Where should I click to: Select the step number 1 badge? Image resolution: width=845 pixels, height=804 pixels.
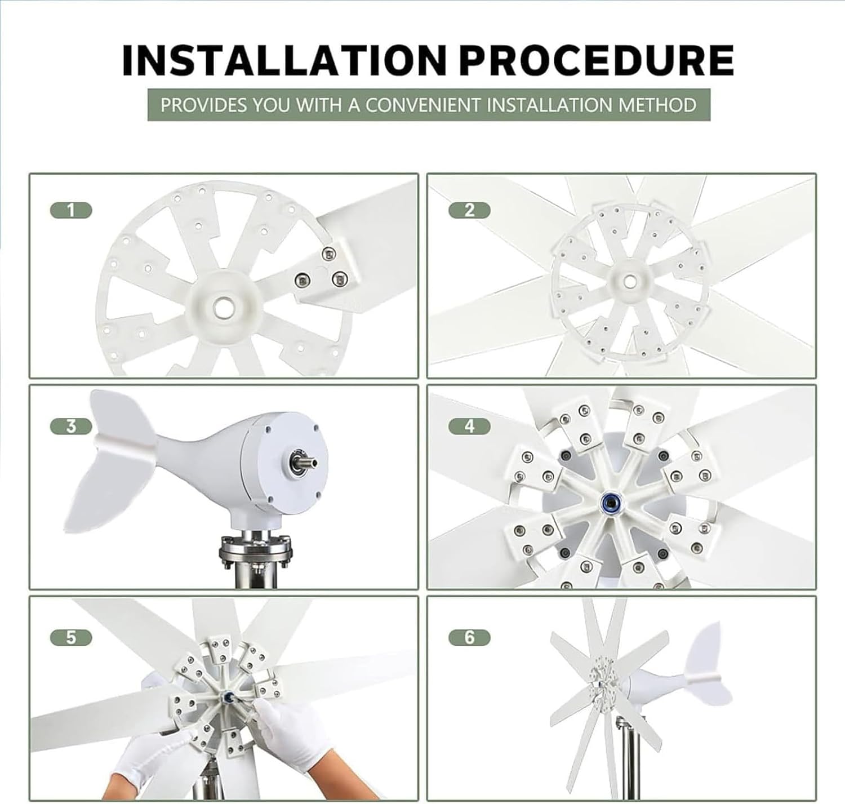[71, 211]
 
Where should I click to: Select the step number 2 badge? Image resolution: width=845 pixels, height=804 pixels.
[469, 211]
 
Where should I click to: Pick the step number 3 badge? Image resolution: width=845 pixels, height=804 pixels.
[71, 427]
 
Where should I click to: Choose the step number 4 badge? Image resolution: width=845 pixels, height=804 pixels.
[469, 427]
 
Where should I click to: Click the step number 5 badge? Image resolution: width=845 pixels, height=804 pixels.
[71, 638]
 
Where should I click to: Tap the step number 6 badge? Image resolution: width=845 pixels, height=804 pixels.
[469, 638]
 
